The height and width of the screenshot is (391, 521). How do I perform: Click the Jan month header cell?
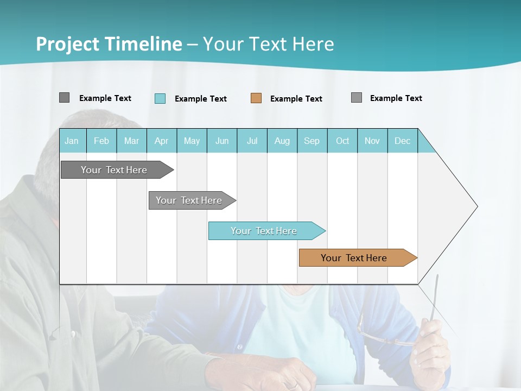point(72,141)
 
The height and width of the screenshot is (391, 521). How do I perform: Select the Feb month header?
point(101,141)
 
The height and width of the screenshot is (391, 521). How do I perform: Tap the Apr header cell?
point(162,141)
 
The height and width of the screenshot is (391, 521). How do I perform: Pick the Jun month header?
point(222,141)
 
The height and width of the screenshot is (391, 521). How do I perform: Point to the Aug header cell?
point(282,141)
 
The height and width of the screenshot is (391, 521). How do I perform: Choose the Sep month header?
point(312,141)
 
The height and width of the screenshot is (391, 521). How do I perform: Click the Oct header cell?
point(342,141)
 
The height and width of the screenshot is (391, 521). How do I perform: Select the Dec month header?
point(403,141)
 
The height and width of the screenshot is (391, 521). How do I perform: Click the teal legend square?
point(160,98)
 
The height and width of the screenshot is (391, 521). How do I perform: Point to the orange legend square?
point(256,98)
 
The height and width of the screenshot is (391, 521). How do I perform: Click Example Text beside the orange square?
point(296,99)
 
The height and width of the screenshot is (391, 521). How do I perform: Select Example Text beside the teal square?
point(201,99)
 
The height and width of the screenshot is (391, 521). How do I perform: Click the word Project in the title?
point(68,44)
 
